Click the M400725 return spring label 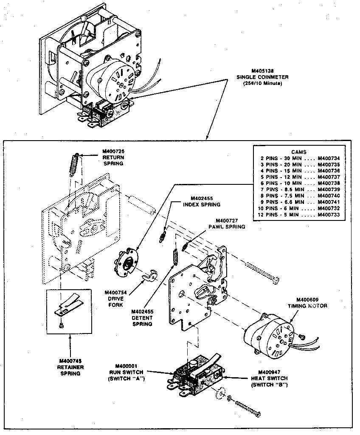pyautogui.click(x=112, y=157)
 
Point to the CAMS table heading pyautogui.click(x=298, y=152)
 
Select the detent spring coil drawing pyautogui.click(x=174, y=258)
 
